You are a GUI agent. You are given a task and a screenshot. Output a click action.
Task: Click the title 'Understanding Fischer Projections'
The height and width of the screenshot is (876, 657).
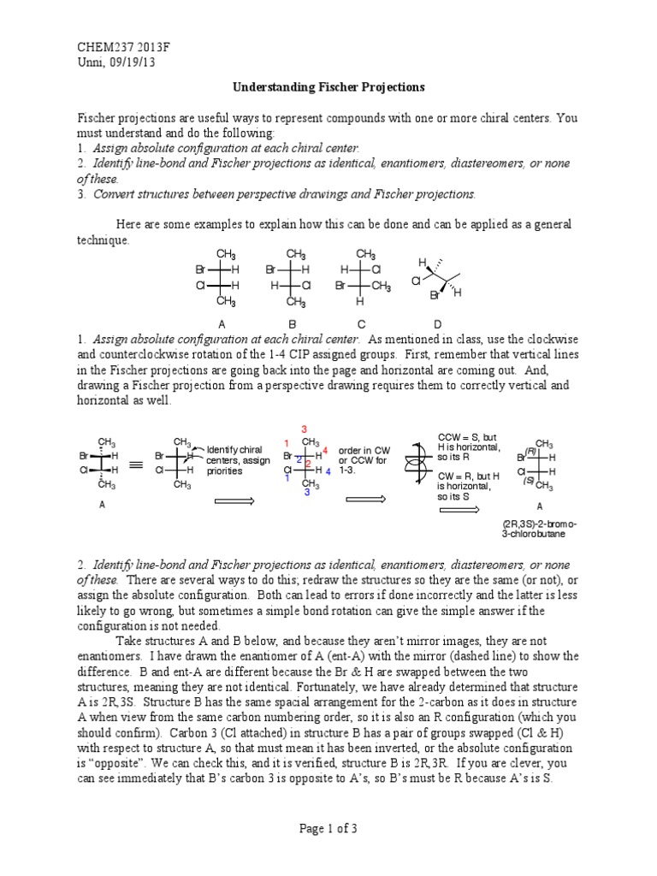click(329, 87)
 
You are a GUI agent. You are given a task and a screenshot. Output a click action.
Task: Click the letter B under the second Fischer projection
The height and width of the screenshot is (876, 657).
click(293, 324)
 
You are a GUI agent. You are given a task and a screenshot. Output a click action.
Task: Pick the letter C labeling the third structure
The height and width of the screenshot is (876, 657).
click(362, 324)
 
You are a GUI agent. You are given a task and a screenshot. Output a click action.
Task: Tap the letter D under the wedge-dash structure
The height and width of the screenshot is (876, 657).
click(438, 324)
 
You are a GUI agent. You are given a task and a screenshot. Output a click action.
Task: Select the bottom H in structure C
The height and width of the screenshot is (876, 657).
click(360, 302)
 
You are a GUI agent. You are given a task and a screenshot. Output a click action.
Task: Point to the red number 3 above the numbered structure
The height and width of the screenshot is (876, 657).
click(304, 428)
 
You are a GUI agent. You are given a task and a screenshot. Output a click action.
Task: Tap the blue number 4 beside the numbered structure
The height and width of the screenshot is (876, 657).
click(328, 471)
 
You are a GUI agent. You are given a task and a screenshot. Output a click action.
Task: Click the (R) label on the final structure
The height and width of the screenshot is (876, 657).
click(530, 451)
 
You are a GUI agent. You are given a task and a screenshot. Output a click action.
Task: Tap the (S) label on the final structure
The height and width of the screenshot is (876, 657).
click(530, 481)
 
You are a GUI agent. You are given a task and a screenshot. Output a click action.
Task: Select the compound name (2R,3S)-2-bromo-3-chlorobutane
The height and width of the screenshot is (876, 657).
click(540, 528)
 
